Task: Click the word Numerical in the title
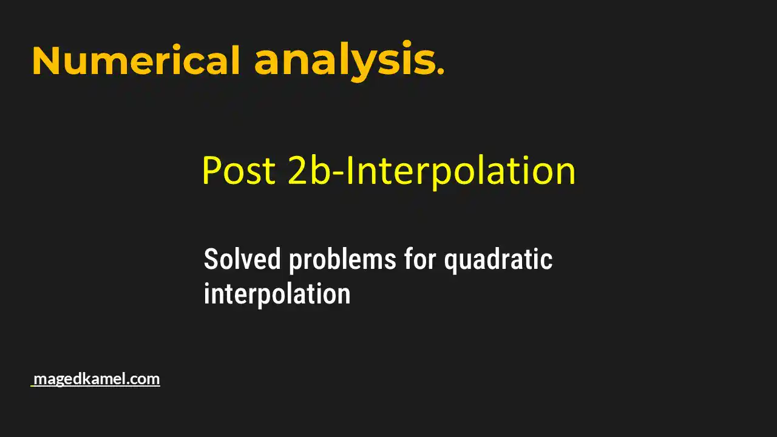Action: coord(136,61)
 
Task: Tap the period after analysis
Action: coord(441,72)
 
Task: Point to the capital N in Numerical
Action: coord(47,61)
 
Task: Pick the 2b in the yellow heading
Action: coord(308,171)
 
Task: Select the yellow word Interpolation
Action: coord(460,171)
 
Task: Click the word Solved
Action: coord(242,260)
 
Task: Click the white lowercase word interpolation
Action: coord(277,294)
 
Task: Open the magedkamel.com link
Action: coord(96,379)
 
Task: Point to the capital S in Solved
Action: coord(210,260)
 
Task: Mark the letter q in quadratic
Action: coord(450,262)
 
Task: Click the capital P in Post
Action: coord(210,171)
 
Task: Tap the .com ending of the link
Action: coord(145,379)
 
